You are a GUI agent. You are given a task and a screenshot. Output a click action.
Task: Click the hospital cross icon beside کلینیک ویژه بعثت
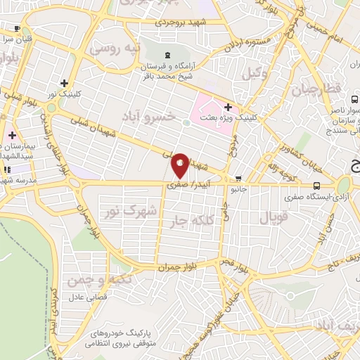pyautogui.click(x=227, y=107)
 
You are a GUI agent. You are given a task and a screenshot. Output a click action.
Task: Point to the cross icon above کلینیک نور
pyautogui.click(x=64, y=82)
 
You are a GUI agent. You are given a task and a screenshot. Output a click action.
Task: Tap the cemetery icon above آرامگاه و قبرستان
pyautogui.click(x=167, y=56)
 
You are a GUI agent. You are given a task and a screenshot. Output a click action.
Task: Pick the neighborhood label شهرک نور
pyautogui.click(x=128, y=211)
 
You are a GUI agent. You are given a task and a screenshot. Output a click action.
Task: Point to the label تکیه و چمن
pyautogui.click(x=90, y=281)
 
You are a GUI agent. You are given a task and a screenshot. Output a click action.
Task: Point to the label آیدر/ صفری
pyautogui.click(x=181, y=184)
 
